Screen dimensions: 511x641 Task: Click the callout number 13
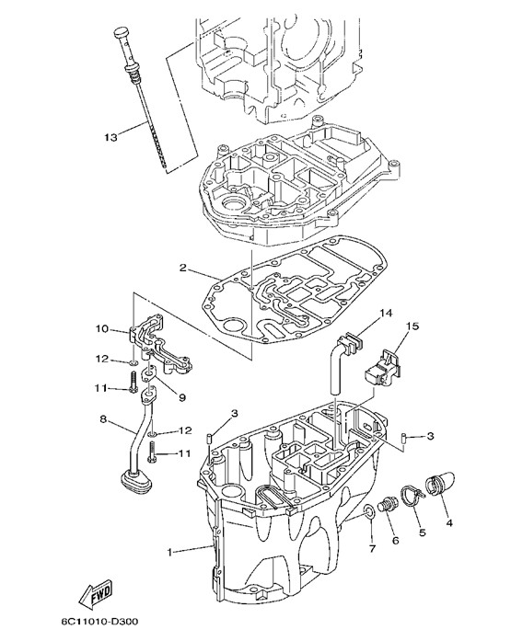tap(110, 136)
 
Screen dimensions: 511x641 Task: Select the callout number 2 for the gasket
tap(183, 269)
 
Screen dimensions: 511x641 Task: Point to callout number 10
tap(102, 328)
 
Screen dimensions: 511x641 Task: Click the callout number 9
tap(181, 397)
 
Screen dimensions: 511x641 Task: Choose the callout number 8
tap(103, 418)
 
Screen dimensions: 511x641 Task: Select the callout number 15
tap(412, 326)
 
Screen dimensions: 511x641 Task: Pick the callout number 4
tap(449, 522)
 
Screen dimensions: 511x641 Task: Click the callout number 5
tap(423, 532)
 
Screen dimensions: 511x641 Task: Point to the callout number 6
tap(395, 541)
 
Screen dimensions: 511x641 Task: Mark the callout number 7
tap(372, 549)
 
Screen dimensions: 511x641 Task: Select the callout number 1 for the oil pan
tap(169, 552)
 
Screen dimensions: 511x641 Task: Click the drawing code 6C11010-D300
tap(99, 622)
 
